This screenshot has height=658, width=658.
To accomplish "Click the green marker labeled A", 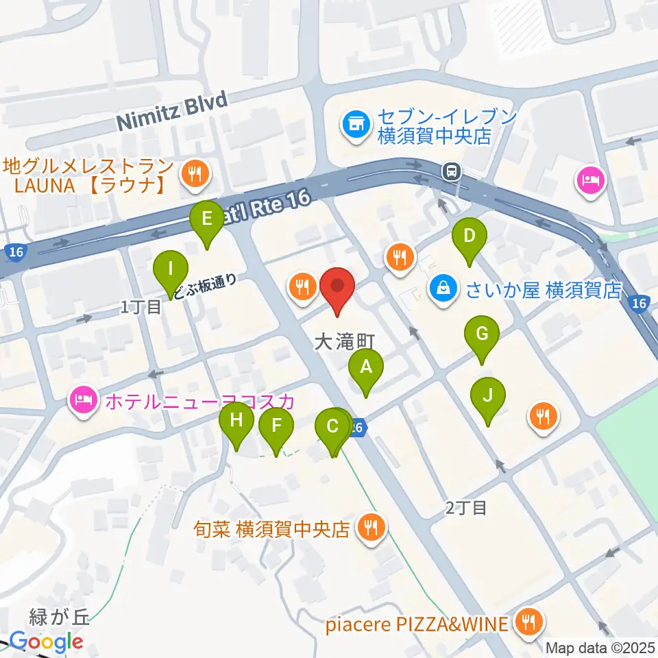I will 366,368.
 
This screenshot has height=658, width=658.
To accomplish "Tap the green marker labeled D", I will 470,237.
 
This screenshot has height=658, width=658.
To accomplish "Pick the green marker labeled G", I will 482,335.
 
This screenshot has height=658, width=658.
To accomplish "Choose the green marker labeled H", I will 236,419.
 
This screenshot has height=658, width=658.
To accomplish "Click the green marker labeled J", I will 488,396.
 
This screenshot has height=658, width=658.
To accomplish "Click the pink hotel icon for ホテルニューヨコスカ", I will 84,398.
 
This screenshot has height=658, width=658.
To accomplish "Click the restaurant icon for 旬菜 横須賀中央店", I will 371,527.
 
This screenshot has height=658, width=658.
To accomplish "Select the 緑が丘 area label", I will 60,618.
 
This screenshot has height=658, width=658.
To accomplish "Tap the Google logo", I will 46,642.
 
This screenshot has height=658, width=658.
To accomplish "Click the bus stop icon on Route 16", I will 451,169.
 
